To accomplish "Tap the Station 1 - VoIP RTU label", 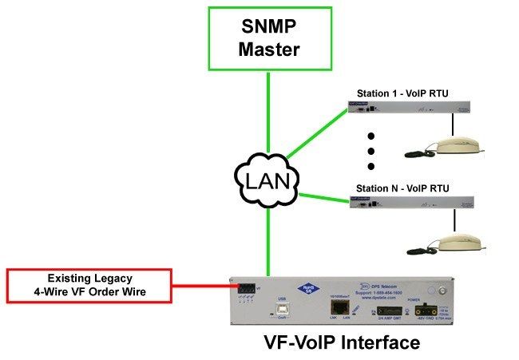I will click(x=402, y=93).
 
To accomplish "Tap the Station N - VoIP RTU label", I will click(x=402, y=188).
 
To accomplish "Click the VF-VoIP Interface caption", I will click(x=341, y=344).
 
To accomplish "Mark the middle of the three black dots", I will click(x=371, y=151).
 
